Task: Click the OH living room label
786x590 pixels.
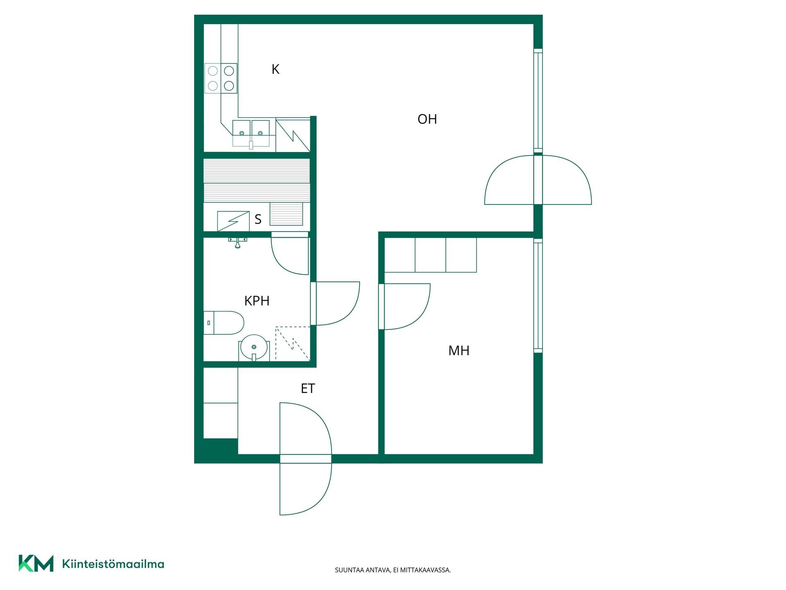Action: pos(427,119)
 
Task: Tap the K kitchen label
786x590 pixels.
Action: pos(276,69)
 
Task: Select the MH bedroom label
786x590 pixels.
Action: pos(459,350)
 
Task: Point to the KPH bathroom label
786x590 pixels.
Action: pos(257,301)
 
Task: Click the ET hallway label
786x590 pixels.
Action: pos(308,388)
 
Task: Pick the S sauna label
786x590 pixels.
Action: pos(258,219)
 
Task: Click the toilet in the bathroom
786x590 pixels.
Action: pos(224,323)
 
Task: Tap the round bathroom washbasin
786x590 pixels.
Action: pos(254,347)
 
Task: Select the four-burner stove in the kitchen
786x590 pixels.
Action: pos(221,78)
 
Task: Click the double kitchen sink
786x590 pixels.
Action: pos(251,133)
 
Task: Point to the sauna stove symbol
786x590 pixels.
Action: pos(233,221)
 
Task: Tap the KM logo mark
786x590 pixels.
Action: pos(36,563)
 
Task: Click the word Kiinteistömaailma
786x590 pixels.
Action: pos(113,564)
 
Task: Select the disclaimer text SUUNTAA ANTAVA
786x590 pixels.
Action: pos(362,570)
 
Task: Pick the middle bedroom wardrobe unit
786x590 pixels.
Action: pos(430,255)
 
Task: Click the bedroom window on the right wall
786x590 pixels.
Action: pos(538,295)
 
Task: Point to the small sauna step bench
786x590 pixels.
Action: pos(286,214)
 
